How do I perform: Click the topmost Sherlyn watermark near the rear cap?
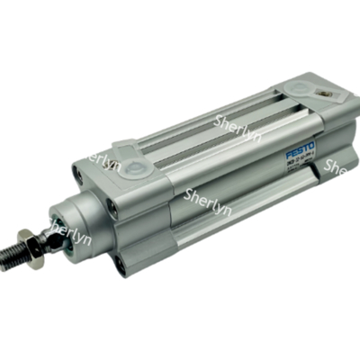pyautogui.click(x=237, y=121)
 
